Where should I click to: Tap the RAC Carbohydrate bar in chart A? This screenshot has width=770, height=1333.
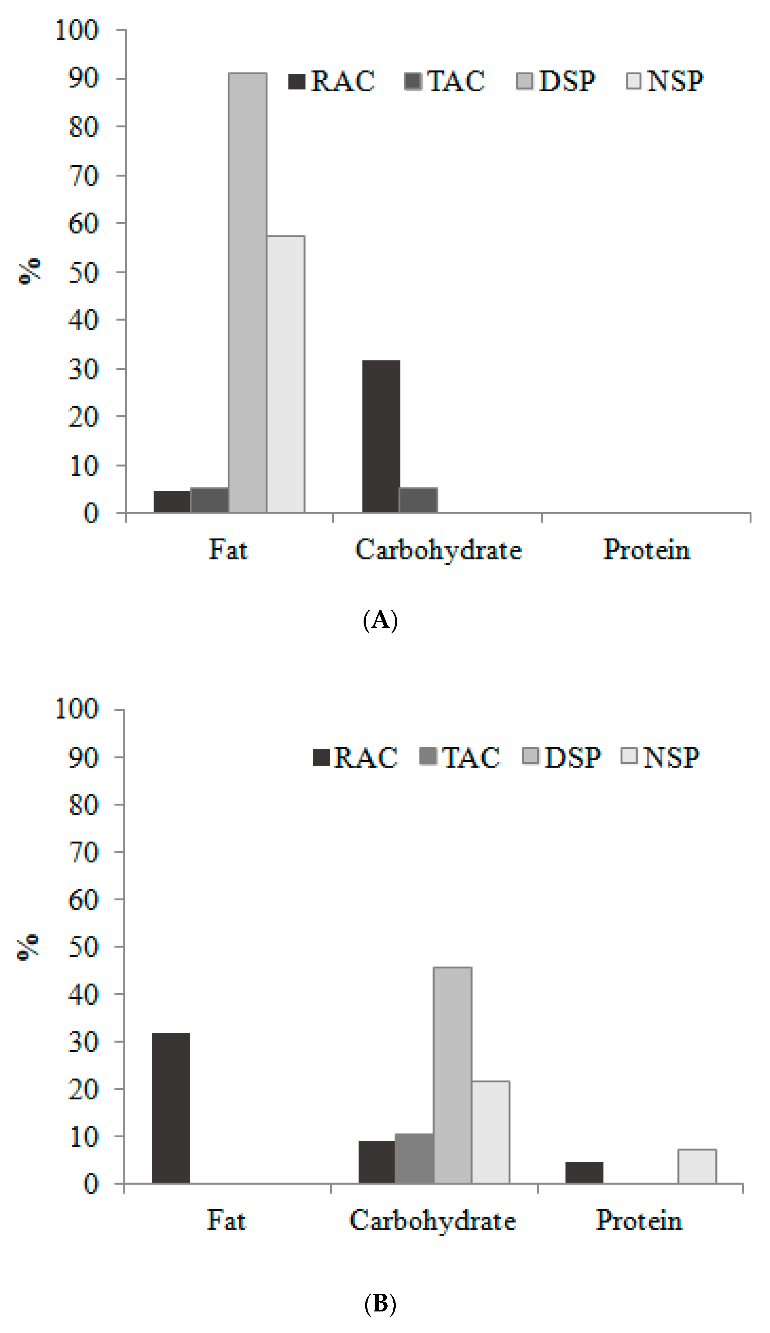point(381,436)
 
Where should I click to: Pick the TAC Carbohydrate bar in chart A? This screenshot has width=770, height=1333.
point(418,500)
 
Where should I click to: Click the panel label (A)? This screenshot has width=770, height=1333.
point(380,619)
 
